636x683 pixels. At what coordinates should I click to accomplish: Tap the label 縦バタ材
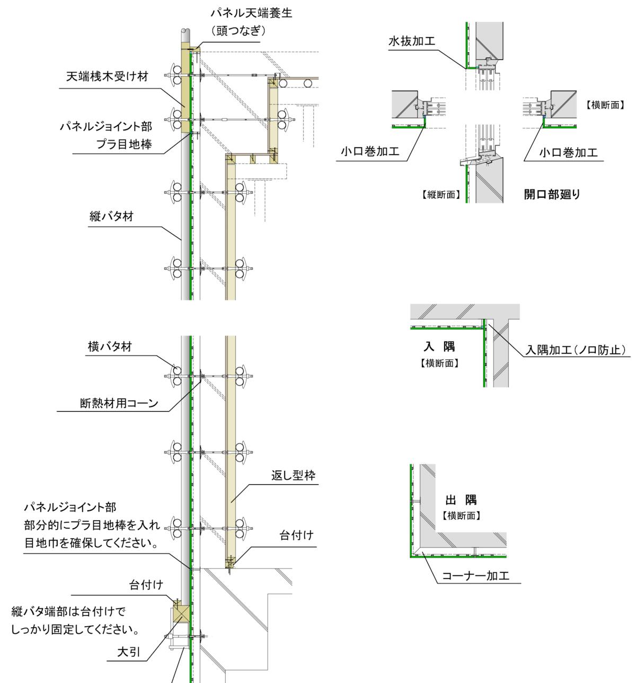111,216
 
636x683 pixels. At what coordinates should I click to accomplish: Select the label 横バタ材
110,347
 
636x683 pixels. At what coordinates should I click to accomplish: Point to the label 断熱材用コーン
119,403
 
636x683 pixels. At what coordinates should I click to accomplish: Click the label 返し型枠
294,475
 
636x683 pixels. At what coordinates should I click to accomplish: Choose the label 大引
129,651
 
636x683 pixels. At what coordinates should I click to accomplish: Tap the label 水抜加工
412,41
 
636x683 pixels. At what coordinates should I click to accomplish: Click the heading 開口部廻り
552,194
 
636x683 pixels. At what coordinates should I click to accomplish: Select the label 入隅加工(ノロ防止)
576,350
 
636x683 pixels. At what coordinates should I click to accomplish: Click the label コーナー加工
475,575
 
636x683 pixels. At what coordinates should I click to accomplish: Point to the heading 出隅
461,500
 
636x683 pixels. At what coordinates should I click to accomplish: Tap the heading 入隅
439,347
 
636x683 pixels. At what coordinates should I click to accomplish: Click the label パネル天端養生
251,13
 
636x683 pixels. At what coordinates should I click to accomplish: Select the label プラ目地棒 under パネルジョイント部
124,144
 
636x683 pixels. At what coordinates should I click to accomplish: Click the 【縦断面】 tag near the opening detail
441,195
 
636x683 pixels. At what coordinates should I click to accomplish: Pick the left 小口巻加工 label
370,152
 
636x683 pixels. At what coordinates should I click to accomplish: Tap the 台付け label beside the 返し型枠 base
296,535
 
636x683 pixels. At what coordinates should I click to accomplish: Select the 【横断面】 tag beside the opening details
605,105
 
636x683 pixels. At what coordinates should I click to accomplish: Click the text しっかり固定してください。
75,629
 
